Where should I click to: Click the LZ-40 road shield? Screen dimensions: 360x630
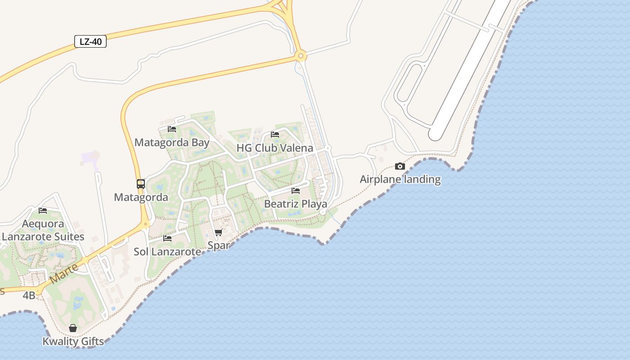[x=90, y=42]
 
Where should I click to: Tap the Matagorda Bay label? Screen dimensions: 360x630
[x=172, y=143]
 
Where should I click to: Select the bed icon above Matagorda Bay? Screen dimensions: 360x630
[x=172, y=129]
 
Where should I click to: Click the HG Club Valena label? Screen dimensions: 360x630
[x=274, y=148]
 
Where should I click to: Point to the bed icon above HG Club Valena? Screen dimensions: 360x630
[x=275, y=135]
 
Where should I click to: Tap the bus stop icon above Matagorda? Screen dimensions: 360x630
[x=141, y=184]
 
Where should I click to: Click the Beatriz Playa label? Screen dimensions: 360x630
[x=295, y=204]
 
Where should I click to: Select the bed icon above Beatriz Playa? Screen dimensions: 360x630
[x=296, y=191]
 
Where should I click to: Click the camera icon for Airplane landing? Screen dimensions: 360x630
[x=400, y=166]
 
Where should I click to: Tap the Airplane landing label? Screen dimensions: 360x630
[x=400, y=179]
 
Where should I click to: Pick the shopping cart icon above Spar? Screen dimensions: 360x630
[x=219, y=233]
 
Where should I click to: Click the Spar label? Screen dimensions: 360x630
[x=219, y=245]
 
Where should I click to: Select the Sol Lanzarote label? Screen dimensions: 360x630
[x=167, y=252]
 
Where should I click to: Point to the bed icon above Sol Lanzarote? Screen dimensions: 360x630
[x=167, y=238]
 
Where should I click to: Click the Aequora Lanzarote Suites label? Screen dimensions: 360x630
[x=43, y=230]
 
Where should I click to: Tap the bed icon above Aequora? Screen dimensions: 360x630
[x=43, y=210]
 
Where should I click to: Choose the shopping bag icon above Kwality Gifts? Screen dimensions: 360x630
[x=73, y=328]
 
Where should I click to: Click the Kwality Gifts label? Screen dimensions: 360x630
[x=73, y=341]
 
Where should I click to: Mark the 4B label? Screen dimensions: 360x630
[x=29, y=295]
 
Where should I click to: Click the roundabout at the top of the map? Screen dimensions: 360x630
[x=301, y=56]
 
